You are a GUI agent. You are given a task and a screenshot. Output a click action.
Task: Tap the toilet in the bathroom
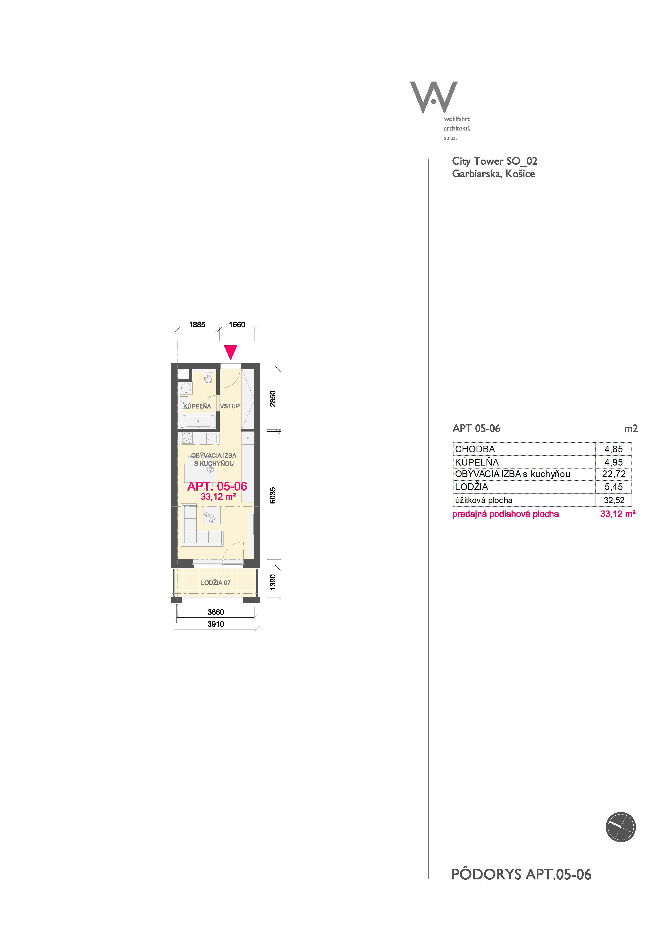(209, 377)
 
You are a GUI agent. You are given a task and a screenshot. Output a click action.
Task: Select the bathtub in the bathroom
(198, 421)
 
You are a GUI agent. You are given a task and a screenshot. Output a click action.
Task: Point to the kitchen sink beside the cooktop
(211, 438)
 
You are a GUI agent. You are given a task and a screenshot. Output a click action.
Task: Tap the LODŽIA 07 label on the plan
(216, 583)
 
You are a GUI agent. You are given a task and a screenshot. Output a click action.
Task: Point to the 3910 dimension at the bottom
(216, 624)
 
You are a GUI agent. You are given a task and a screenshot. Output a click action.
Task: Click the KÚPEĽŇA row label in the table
(477, 462)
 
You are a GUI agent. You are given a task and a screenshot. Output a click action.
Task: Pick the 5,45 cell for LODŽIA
(613, 487)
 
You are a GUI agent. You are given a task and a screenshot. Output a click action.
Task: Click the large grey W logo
(434, 97)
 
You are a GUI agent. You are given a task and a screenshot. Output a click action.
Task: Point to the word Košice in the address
(520, 174)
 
